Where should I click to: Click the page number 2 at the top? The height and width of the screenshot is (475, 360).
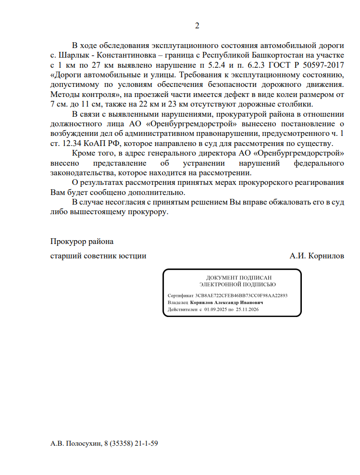(197, 25)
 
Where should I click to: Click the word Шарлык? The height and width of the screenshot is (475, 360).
(72, 55)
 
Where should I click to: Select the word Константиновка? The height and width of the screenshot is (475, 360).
(127, 55)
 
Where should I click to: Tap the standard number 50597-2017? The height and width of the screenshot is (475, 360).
(323, 64)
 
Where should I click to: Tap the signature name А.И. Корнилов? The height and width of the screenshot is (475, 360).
(317, 256)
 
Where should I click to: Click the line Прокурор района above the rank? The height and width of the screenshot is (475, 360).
(82, 241)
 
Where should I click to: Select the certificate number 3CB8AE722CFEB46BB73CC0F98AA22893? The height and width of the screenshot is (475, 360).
(242, 296)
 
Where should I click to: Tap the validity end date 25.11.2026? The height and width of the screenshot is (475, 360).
(248, 310)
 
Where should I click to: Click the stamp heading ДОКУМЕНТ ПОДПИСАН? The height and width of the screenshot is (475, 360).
(232, 278)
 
